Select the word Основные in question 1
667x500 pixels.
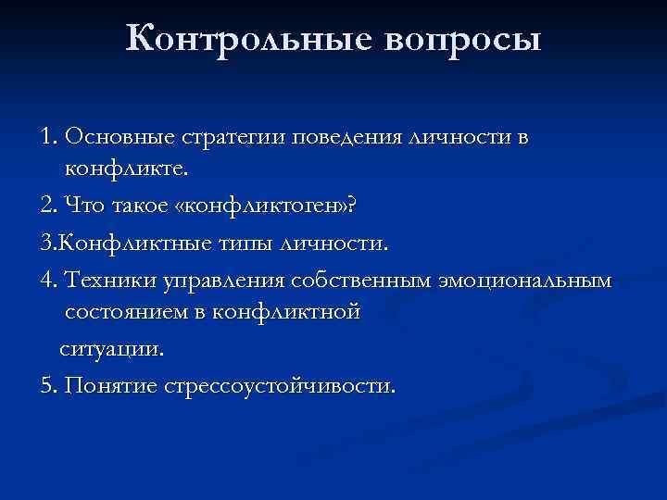(x=107, y=137)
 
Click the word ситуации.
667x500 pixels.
(x=112, y=350)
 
